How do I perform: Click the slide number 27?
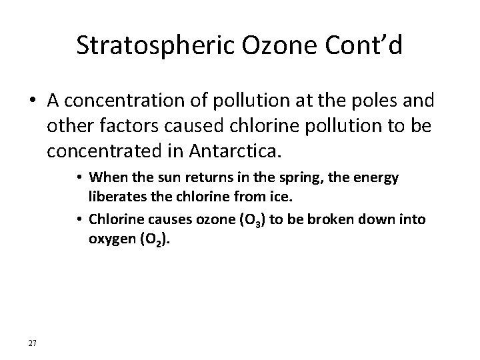(x=33, y=343)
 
